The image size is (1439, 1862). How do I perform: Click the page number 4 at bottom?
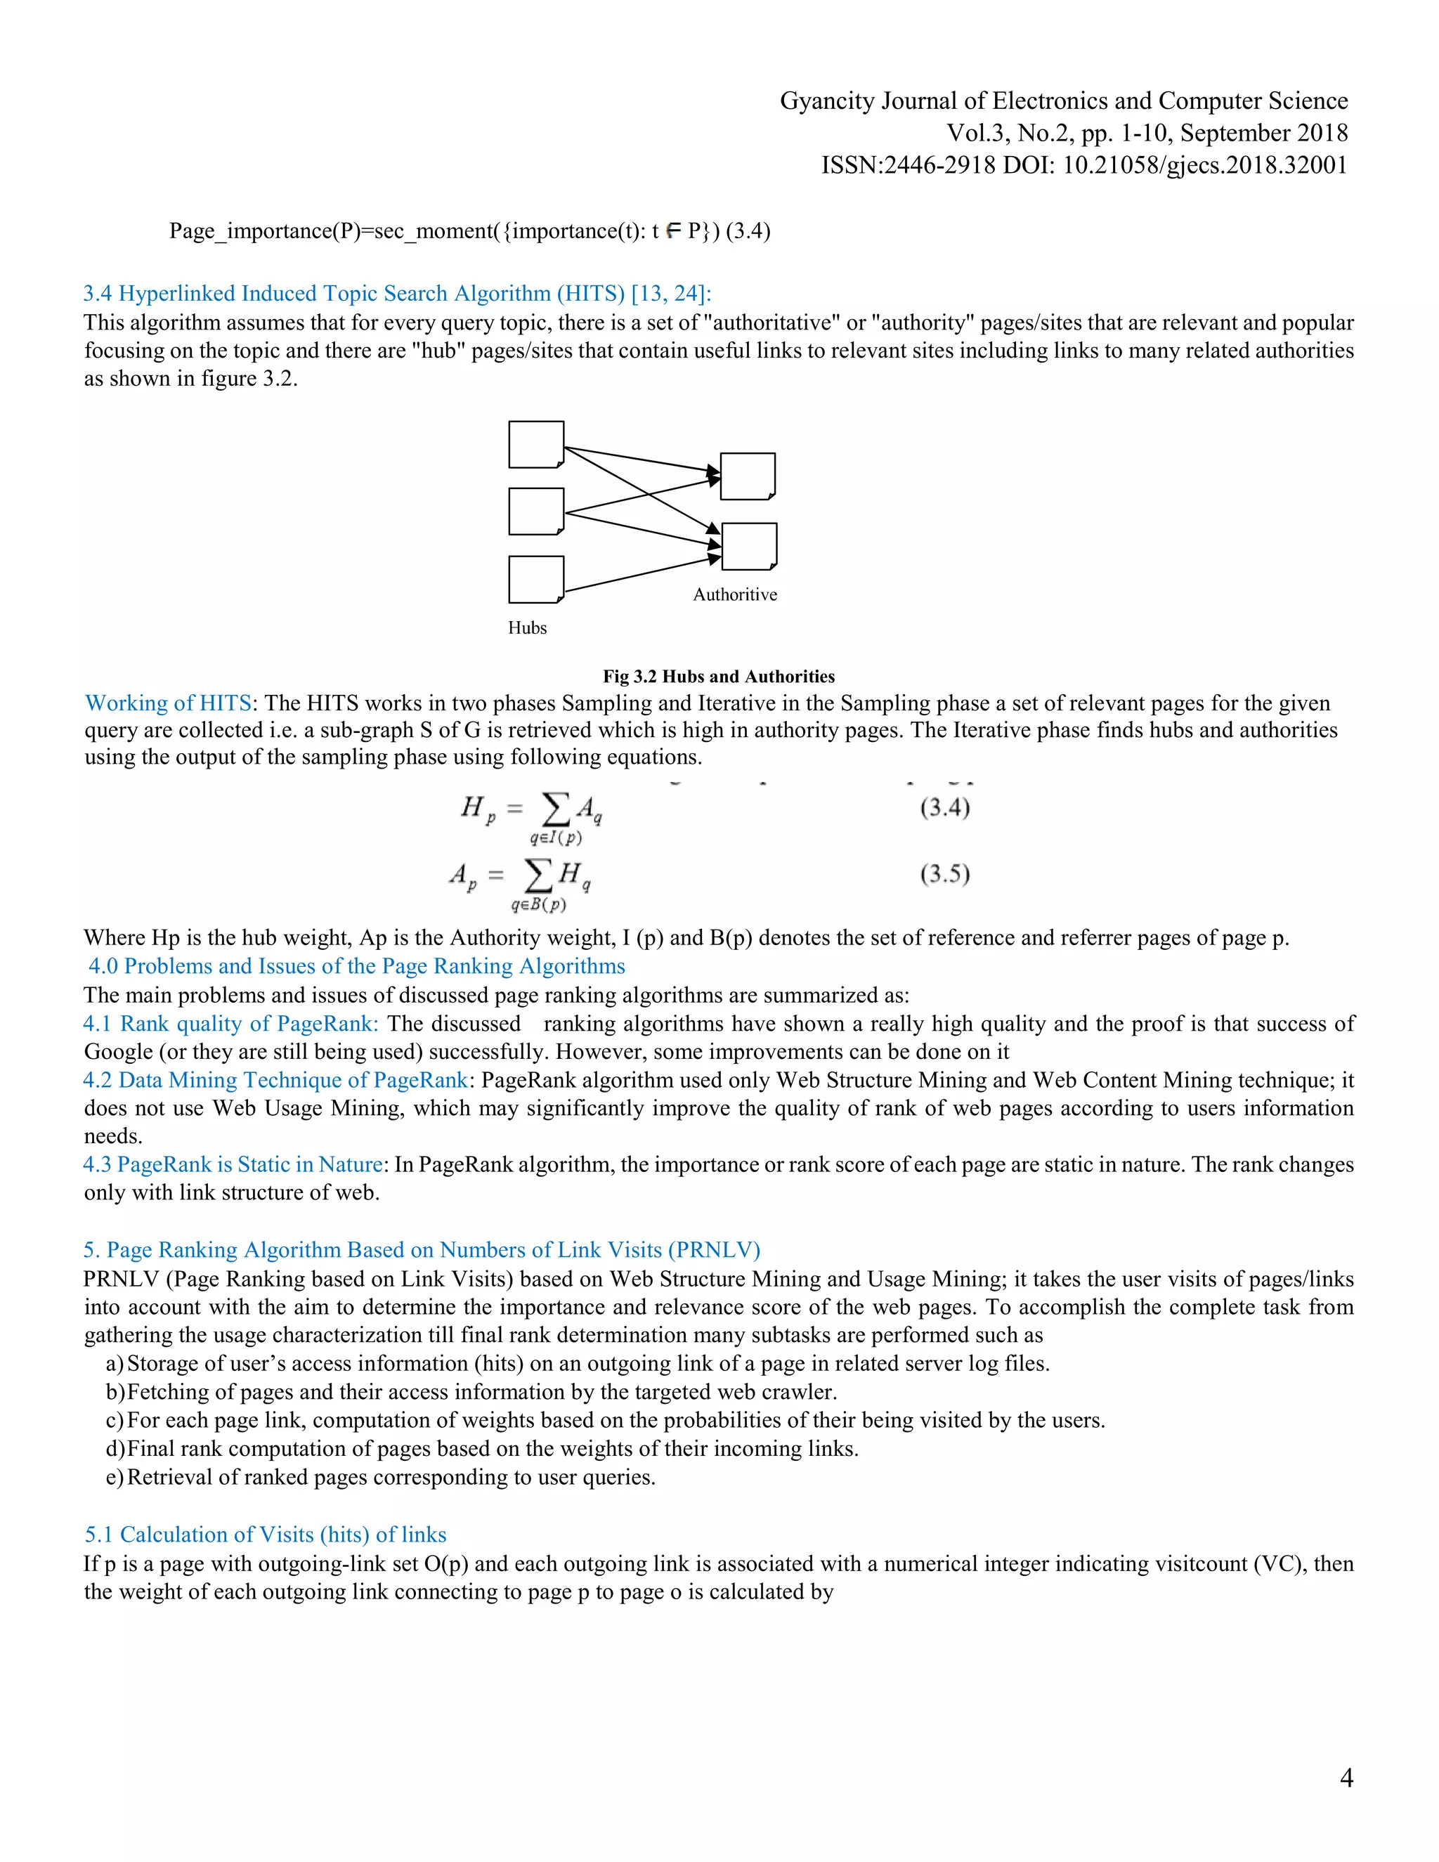(1346, 1777)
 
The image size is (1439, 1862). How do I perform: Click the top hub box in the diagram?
(536, 444)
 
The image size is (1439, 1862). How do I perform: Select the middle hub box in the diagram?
(536, 511)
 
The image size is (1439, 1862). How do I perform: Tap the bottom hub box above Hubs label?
(536, 579)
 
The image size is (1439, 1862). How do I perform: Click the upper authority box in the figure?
(748, 476)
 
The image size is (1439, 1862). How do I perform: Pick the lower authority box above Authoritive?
(748, 546)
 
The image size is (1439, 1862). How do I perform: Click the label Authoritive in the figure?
(735, 595)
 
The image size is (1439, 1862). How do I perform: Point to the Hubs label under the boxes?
(527, 627)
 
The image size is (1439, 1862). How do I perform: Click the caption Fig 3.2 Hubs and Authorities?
(719, 676)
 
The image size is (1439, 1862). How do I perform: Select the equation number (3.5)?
(944, 874)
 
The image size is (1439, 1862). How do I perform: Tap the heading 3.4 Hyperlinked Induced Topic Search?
(396, 293)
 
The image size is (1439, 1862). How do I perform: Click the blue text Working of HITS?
(168, 703)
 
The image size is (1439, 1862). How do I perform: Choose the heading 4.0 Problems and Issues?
(356, 966)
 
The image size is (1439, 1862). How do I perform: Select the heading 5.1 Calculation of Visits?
(265, 1534)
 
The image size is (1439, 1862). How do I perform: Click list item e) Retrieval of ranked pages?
(381, 1477)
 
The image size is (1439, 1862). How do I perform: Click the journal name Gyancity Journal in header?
(1063, 100)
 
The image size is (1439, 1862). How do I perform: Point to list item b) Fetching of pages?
(471, 1391)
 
